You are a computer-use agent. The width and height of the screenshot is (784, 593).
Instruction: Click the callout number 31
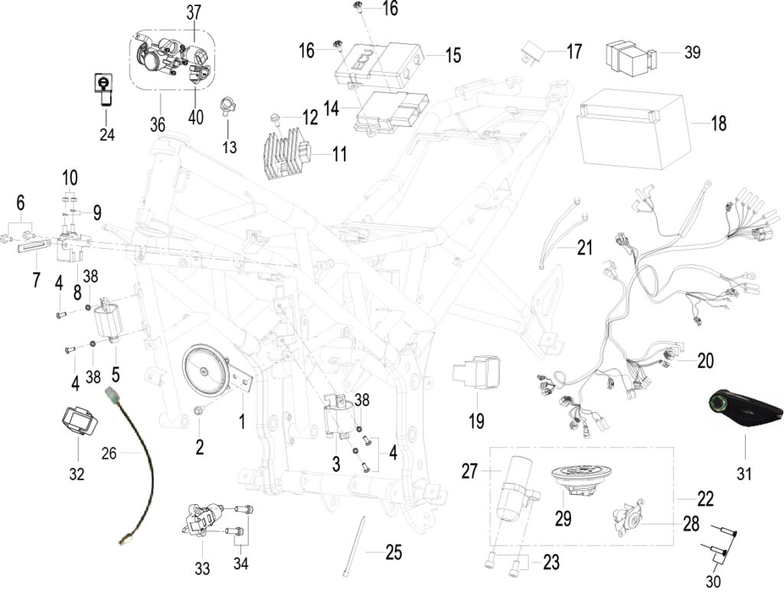pyautogui.click(x=744, y=473)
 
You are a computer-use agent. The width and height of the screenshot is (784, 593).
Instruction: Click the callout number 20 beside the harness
pyautogui.click(x=705, y=360)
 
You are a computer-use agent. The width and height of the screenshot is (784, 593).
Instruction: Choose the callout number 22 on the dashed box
pyautogui.click(x=705, y=499)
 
